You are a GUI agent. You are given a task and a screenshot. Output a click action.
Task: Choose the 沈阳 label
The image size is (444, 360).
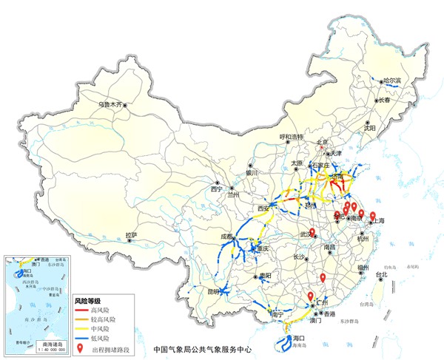click(369, 128)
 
